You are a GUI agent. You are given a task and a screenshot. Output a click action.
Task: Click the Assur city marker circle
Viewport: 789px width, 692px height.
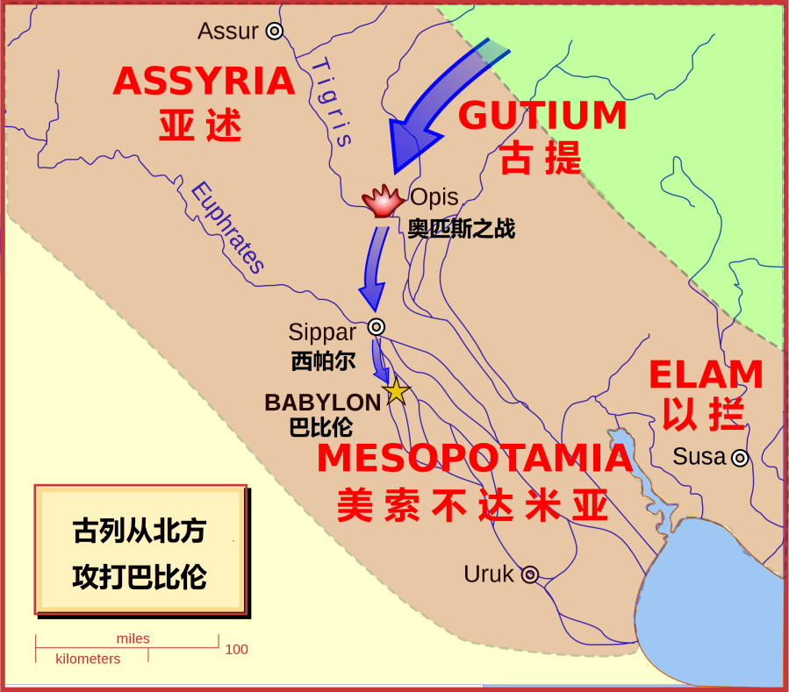(x=275, y=32)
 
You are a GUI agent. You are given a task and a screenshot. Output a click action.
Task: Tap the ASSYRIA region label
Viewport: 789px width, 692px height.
(x=204, y=82)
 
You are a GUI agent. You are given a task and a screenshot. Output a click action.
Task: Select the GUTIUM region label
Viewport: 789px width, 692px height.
(x=543, y=116)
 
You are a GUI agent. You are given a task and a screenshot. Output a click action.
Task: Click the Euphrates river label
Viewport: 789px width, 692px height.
(x=227, y=228)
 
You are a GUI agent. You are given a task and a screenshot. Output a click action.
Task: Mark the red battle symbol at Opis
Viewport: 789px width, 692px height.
(x=382, y=202)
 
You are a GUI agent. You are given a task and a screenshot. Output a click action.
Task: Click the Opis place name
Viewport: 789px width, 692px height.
(x=434, y=197)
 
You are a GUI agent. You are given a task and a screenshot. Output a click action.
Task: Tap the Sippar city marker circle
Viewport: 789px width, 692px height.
(x=376, y=326)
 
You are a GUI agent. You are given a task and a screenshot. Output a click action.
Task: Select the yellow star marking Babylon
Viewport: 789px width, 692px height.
(x=396, y=391)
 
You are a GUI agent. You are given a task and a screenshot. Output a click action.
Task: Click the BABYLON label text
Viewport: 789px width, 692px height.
(x=323, y=403)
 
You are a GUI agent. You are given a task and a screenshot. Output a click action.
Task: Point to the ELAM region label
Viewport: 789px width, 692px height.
(x=706, y=375)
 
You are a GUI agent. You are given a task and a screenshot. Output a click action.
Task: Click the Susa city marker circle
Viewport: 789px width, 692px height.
(x=740, y=457)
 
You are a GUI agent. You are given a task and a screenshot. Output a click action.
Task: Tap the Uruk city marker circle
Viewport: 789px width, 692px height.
(x=529, y=575)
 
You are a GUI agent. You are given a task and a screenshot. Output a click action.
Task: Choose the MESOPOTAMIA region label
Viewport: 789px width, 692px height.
(x=474, y=459)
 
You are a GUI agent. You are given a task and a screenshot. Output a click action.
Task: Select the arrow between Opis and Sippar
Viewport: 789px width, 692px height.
(x=375, y=268)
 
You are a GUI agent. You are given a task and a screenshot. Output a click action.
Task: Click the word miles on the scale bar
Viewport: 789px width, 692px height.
(x=133, y=638)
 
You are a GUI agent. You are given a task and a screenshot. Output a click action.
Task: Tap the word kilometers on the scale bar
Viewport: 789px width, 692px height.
(x=88, y=659)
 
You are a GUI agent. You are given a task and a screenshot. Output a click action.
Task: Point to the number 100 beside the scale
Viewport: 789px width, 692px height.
(x=236, y=650)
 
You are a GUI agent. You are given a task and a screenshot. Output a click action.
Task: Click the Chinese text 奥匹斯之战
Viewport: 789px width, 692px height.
(x=462, y=230)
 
